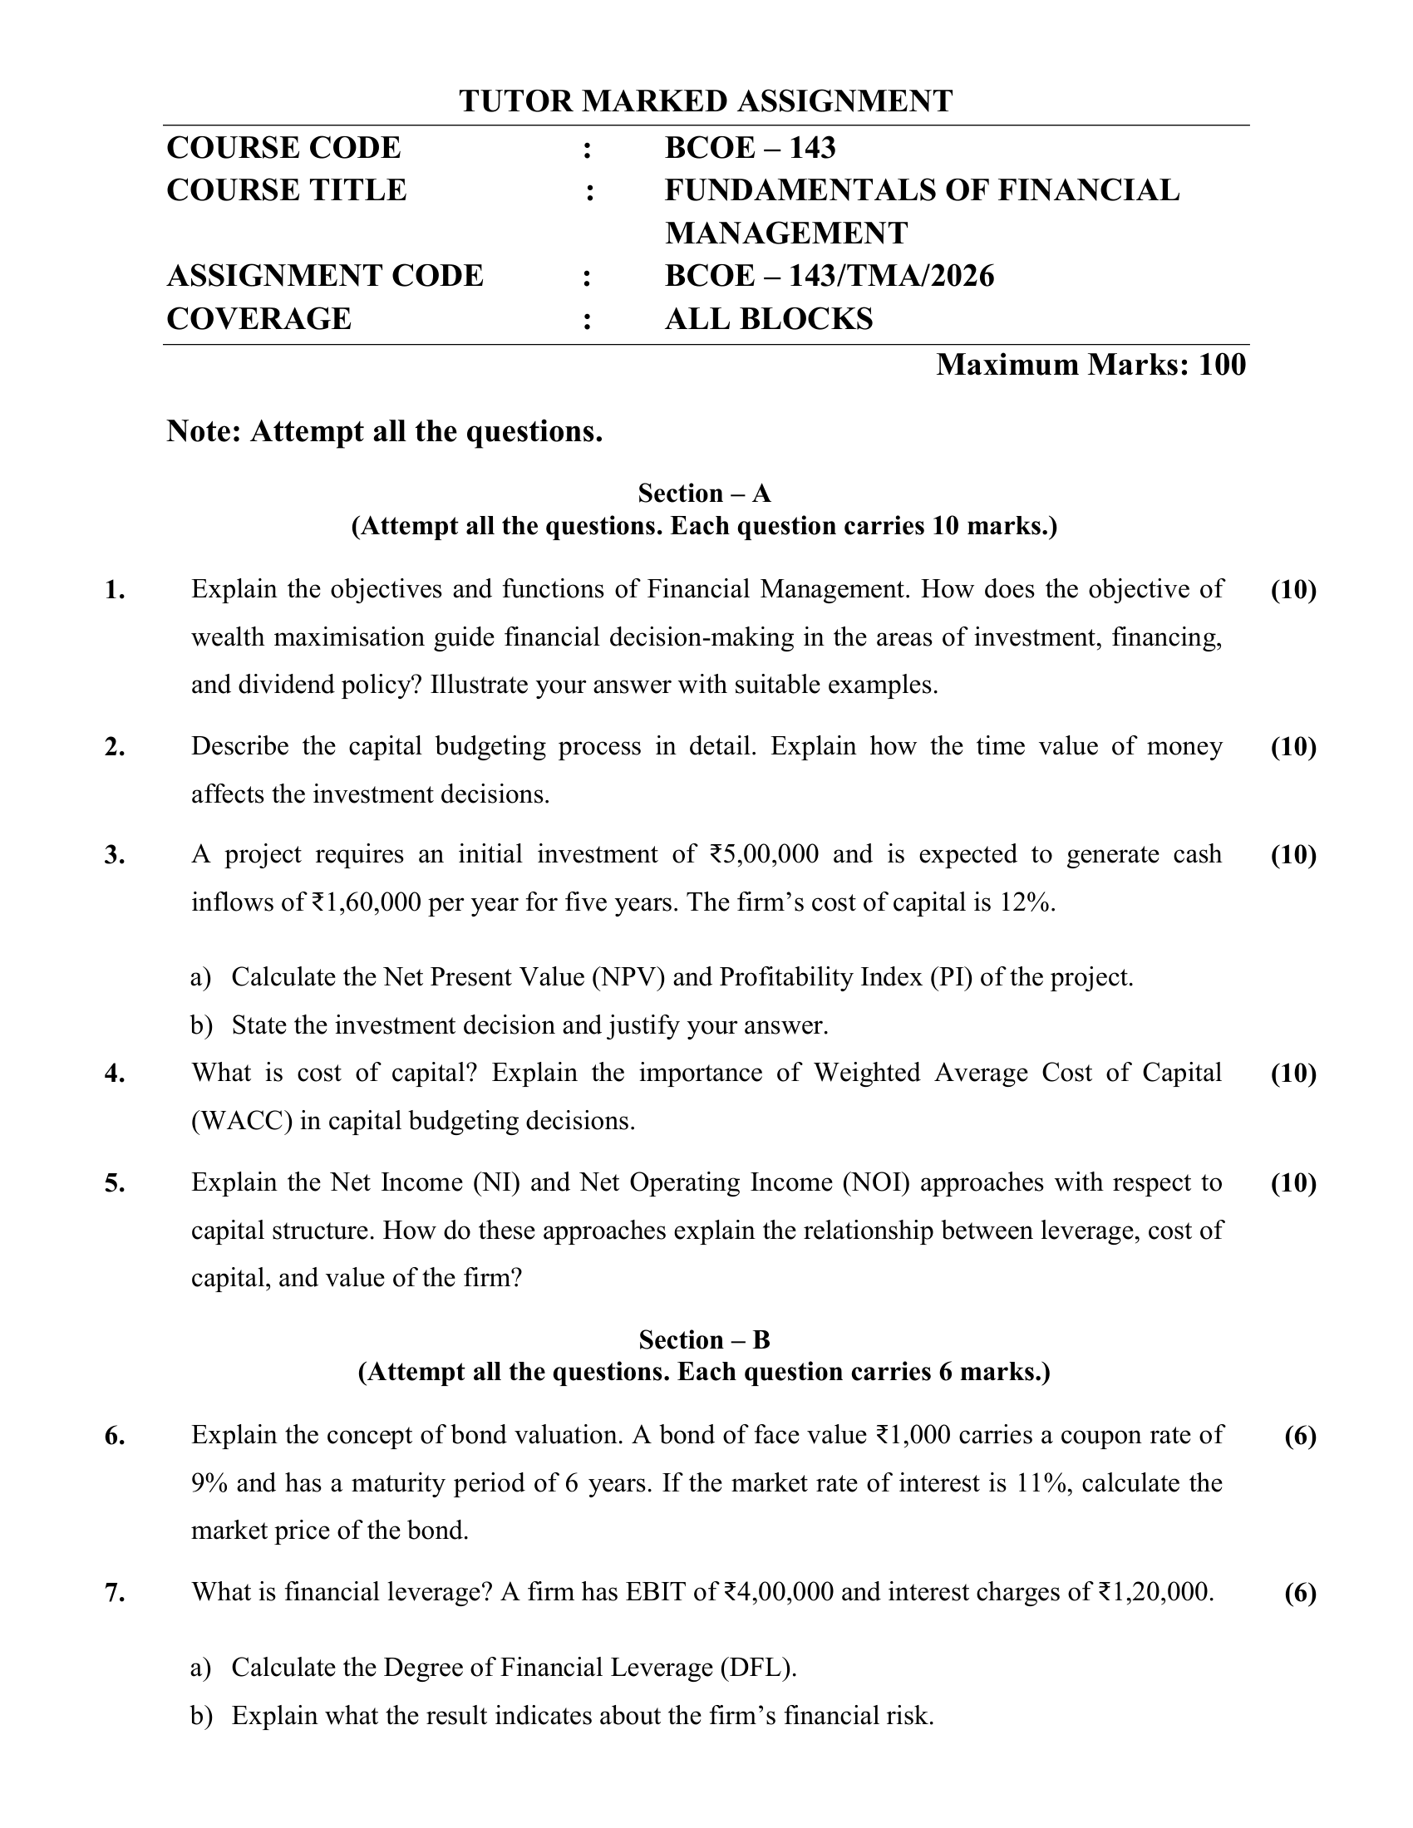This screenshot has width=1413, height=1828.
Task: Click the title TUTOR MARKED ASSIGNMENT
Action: [705, 101]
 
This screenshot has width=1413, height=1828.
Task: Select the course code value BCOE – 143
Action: [749, 148]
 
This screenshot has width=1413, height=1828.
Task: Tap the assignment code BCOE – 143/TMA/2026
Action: [829, 275]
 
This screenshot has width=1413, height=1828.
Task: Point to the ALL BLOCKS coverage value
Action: [769, 319]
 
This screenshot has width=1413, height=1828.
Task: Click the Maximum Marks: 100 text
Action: [1090, 365]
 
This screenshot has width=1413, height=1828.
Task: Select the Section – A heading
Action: [704, 493]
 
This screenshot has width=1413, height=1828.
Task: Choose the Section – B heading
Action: [704, 1340]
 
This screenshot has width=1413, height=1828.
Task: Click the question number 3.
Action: [115, 855]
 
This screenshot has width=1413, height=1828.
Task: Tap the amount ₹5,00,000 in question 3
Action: [763, 854]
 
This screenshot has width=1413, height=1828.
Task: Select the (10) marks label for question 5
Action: [1292, 1182]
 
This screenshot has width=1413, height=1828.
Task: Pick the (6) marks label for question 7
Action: [1300, 1593]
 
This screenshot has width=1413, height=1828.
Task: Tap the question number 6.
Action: [115, 1437]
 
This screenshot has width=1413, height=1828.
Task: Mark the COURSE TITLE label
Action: [286, 191]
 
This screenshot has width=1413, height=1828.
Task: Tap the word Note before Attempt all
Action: [204, 432]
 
